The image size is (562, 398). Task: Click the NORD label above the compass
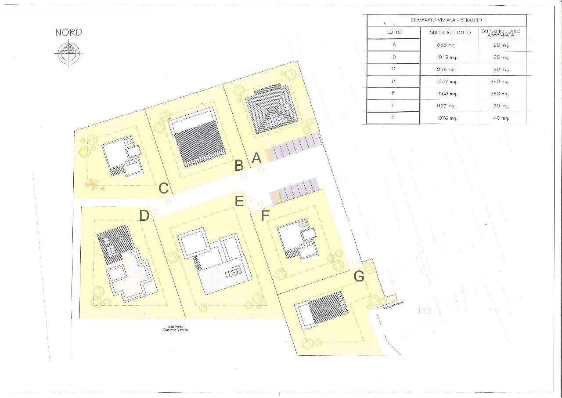tap(68, 33)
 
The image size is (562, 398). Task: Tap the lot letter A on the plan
tap(257, 158)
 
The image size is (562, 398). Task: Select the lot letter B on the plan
tap(239, 165)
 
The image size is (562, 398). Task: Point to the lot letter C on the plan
tap(164, 189)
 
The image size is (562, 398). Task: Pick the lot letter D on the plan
tap(144, 215)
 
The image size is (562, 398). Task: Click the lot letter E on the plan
tap(239, 201)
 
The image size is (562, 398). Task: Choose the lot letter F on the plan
tap(265, 216)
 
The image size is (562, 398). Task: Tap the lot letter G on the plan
tap(359, 277)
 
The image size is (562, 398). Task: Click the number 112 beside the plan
tap(424, 311)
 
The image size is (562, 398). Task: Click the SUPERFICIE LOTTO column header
tap(449, 33)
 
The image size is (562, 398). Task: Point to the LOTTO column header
tap(391, 33)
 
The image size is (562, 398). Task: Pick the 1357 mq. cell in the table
tap(448, 81)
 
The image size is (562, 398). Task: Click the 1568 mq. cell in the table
tap(448, 94)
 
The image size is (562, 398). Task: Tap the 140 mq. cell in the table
tap(500, 118)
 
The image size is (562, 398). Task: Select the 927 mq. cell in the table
tap(448, 106)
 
